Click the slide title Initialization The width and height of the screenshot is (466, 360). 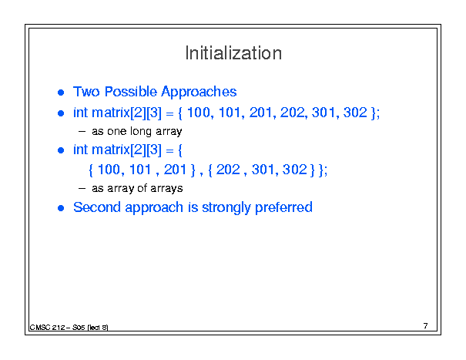[x=233, y=53]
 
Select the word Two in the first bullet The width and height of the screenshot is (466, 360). [x=86, y=92]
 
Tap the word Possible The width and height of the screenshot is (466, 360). [x=131, y=92]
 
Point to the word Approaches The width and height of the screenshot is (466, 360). [x=199, y=93]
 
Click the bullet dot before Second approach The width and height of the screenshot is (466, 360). [x=61, y=208]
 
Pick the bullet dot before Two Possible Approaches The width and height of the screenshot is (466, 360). [x=61, y=93]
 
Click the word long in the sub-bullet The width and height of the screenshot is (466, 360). [x=141, y=132]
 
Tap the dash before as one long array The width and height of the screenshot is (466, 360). [x=82, y=132]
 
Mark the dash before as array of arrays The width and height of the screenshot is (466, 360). [x=82, y=188]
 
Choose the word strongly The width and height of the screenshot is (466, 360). [x=226, y=207]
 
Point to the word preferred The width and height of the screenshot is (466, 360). [x=283, y=207]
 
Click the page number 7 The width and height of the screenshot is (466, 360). [x=426, y=326]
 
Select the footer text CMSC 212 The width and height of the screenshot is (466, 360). [x=47, y=328]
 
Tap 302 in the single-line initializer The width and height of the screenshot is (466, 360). [x=355, y=113]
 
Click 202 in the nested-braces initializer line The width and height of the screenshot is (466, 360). [x=228, y=170]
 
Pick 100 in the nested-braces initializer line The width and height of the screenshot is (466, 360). [x=109, y=170]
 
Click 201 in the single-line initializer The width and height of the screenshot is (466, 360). [x=260, y=113]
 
